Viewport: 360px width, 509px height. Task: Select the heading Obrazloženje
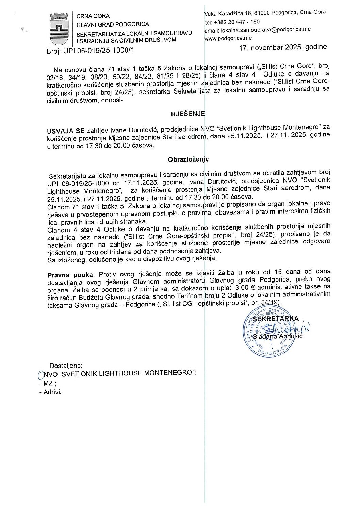click(188, 159)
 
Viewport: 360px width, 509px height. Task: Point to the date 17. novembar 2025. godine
click(283, 47)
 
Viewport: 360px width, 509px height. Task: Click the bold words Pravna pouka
click(70, 275)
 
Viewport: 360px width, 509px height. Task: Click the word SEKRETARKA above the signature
click(276, 319)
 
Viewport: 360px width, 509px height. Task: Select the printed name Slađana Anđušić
click(278, 336)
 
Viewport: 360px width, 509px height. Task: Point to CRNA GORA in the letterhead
click(93, 16)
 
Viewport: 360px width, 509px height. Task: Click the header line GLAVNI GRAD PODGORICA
click(113, 24)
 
